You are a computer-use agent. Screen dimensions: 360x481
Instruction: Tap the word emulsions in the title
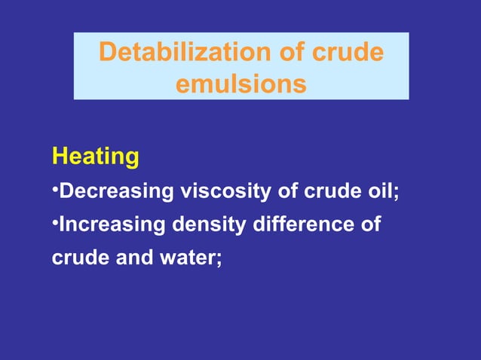click(x=241, y=84)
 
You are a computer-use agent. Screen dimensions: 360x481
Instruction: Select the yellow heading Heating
click(x=95, y=157)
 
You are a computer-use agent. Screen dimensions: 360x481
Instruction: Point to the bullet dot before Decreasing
click(x=55, y=189)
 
